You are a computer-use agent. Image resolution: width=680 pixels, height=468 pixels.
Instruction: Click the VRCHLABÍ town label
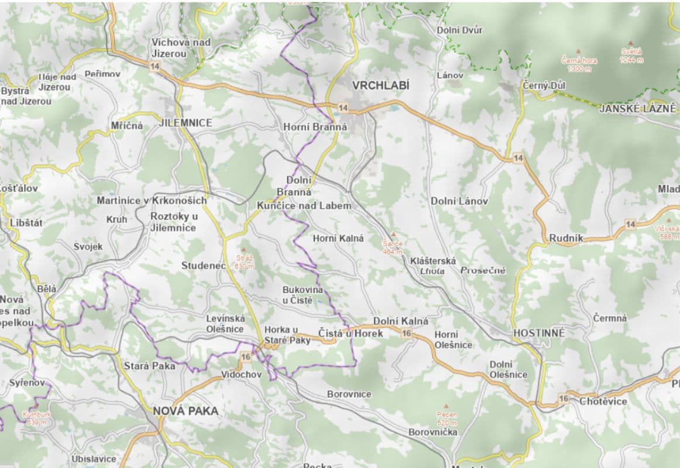click(380, 85)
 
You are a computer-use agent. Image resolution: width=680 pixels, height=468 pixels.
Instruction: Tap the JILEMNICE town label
click(186, 123)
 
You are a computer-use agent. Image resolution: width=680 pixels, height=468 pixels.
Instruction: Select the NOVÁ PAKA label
click(186, 411)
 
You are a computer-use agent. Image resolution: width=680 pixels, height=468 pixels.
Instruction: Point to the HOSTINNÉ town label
click(539, 333)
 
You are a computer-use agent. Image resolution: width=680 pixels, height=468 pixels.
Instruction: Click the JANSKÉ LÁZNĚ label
click(637, 108)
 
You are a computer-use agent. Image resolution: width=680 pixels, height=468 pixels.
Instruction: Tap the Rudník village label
click(566, 239)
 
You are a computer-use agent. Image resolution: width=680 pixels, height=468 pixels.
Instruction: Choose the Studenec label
click(203, 266)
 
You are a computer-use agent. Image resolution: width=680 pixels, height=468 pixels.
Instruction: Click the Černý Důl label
click(544, 86)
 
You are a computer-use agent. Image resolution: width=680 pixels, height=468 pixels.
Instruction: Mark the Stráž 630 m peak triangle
click(245, 250)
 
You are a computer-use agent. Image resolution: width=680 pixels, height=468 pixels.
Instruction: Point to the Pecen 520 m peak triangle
click(447, 406)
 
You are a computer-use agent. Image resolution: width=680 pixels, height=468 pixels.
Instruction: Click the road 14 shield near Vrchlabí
click(343, 108)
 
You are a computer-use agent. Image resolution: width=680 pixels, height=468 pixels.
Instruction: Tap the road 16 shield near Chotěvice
click(564, 398)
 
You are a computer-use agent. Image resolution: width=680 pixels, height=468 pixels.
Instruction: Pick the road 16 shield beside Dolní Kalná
click(407, 333)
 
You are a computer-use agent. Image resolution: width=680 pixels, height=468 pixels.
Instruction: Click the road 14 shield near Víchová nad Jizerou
click(154, 67)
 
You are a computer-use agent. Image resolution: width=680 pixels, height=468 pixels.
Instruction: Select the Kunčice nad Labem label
click(304, 205)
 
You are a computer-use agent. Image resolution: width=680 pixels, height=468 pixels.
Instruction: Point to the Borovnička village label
click(433, 432)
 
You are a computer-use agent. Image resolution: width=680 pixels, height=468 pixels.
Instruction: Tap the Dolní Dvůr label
click(459, 30)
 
